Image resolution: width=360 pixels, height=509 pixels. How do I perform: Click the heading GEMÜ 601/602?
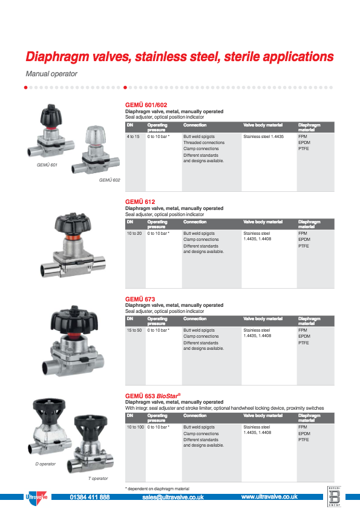click(146, 105)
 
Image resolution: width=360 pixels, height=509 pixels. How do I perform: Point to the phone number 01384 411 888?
click(90, 497)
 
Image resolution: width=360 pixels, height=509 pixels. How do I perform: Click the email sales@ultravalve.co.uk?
click(172, 497)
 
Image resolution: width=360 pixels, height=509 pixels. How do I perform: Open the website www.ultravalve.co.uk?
click(269, 497)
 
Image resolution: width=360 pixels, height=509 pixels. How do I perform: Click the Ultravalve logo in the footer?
click(34, 497)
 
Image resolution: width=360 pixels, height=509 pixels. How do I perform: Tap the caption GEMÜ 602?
click(110, 180)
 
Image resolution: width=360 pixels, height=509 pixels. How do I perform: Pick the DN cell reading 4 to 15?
click(133, 137)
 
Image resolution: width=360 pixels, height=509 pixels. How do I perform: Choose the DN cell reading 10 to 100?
click(135, 427)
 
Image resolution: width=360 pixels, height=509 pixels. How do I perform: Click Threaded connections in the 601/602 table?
click(204, 143)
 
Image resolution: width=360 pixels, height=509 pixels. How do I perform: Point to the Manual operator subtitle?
click(51, 74)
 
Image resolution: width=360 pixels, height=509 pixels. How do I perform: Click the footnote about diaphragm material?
click(157, 488)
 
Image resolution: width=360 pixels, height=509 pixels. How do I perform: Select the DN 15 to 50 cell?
click(134, 330)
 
